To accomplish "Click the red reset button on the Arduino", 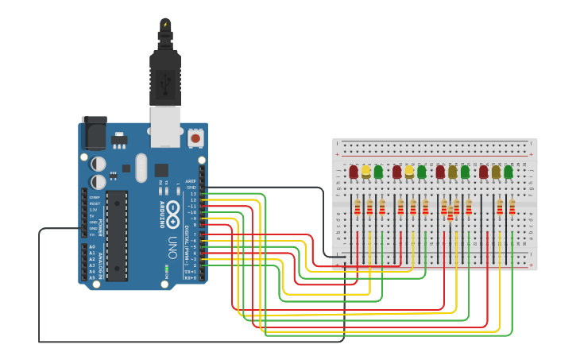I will click(195, 138).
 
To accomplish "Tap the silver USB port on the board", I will click(166, 127).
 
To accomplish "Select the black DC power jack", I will click(95, 134).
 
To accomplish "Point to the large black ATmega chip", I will click(117, 235).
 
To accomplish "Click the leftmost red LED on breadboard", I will click(354, 172).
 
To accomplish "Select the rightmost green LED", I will click(508, 172).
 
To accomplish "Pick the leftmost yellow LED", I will click(366, 171).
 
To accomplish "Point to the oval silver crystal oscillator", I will click(141, 168).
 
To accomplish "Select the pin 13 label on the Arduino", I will click(192, 194).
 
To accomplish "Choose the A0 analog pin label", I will click(91, 247).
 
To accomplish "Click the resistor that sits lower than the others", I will click(450, 214).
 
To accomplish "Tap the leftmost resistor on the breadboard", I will click(358, 207).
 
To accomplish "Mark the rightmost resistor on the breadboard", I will click(512, 207).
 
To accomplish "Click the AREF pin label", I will click(191, 181).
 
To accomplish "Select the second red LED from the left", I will click(397, 172).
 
